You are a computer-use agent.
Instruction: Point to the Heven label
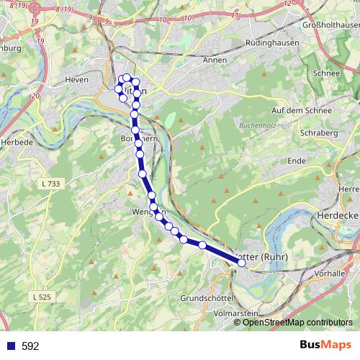[76, 80]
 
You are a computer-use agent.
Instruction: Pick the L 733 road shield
[50, 185]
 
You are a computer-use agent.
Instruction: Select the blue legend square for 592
[9, 346]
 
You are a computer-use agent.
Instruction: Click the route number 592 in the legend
[30, 346]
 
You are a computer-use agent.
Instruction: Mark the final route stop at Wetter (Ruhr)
[241, 264]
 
